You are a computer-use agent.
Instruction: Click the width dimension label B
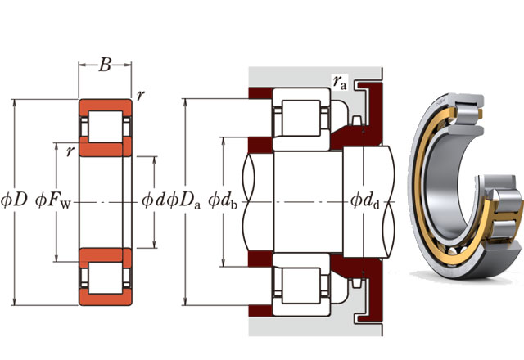(x=105, y=65)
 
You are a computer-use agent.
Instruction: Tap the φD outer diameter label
(x=14, y=200)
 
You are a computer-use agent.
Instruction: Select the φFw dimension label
(x=52, y=200)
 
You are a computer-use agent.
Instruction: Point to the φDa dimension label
(x=183, y=200)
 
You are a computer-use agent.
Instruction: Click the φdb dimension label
(x=222, y=200)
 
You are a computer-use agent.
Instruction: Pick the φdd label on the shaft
(x=365, y=200)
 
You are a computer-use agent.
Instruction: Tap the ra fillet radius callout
(x=339, y=82)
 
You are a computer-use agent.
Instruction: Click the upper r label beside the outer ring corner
(x=141, y=95)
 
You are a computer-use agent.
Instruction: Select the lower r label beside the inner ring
(x=70, y=151)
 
